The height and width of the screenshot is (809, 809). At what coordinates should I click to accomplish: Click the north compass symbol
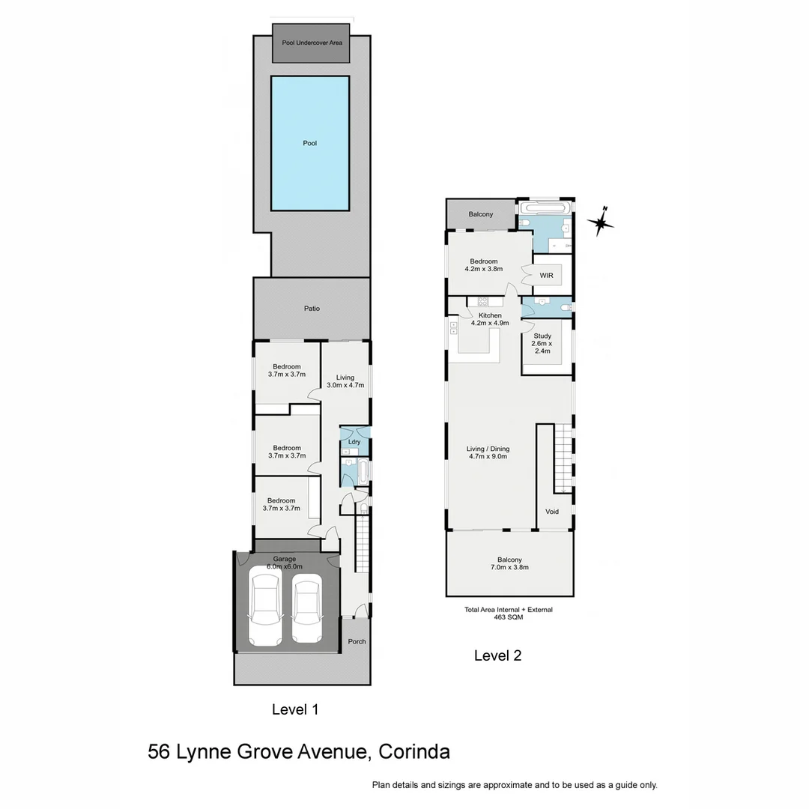[601, 222]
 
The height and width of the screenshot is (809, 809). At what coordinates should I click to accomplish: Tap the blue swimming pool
[310, 143]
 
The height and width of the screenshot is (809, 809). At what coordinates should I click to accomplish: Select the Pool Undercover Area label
[312, 43]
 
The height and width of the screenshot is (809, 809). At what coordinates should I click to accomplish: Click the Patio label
[312, 308]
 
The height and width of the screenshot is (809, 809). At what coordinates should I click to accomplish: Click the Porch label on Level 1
[357, 641]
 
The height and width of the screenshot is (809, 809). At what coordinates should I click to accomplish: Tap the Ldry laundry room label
[354, 442]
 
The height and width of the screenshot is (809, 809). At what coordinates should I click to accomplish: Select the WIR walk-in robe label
[547, 276]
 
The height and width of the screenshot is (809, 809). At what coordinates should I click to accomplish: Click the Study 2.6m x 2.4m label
[542, 343]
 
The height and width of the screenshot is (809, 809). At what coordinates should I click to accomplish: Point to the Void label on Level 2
[552, 512]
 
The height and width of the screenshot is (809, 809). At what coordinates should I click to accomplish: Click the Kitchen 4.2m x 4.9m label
[490, 319]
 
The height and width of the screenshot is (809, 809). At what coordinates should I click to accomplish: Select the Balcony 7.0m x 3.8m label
[509, 563]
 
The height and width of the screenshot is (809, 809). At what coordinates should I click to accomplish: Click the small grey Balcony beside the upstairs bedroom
[481, 215]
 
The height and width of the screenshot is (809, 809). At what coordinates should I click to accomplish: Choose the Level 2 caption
[497, 655]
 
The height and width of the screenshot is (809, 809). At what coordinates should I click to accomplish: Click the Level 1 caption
[295, 709]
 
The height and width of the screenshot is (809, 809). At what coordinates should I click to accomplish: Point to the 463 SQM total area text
[509, 617]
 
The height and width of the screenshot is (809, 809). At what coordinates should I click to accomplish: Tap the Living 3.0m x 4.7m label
[345, 381]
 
